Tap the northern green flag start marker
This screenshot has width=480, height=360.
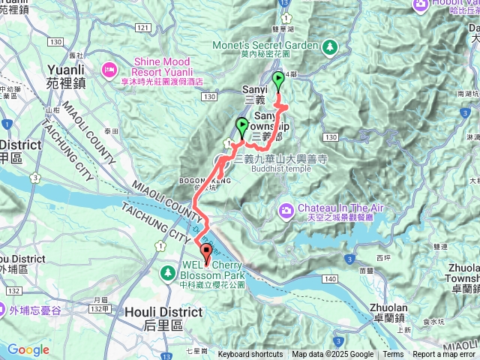pyautogui.click(x=279, y=79)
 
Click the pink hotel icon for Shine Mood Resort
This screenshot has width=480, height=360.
pyautogui.click(x=109, y=69)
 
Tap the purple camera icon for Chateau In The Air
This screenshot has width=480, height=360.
pyautogui.click(x=286, y=209)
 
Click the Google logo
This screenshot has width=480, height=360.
pyautogui.click(x=28, y=349)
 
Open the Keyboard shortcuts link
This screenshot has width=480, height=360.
pyautogui.click(x=250, y=355)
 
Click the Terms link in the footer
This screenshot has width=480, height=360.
pyautogui.click(x=393, y=355)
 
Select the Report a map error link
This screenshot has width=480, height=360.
pyautogui.click(x=443, y=355)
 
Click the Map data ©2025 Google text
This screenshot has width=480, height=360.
pyautogui.click(x=332, y=355)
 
